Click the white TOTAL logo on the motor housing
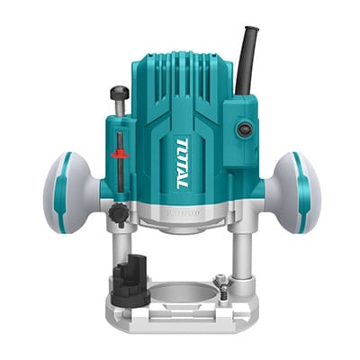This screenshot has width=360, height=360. coord(182,163)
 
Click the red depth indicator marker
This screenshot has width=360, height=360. coord(120,155)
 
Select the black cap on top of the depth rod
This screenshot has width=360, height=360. coord(120,92)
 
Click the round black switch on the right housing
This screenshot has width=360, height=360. coord(243,130)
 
